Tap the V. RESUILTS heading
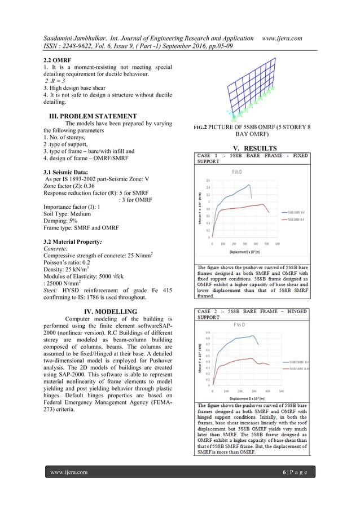pyautogui.click(x=252, y=147)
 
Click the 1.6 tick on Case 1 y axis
pyautogui.click(x=208, y=181)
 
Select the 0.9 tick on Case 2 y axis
pyautogui.click(x=208, y=332)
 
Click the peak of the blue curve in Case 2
pyautogui.click(x=252, y=336)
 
